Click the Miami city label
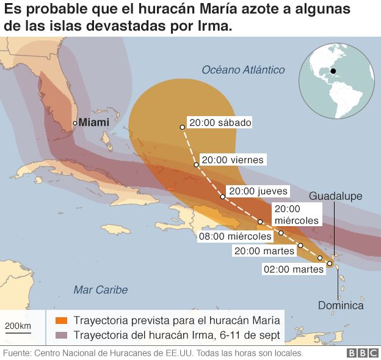point(94,122)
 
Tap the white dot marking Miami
point(75,123)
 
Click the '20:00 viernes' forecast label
point(233,160)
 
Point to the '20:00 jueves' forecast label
point(257,191)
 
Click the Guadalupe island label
point(335,196)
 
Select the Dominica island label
point(341,306)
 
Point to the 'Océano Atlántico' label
point(243,70)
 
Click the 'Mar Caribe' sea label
point(100,289)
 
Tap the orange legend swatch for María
point(60,321)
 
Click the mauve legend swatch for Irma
point(60,336)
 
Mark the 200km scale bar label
point(18,326)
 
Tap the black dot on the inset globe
point(333,72)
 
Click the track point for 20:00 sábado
point(182,127)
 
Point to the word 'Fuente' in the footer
point(17,353)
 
